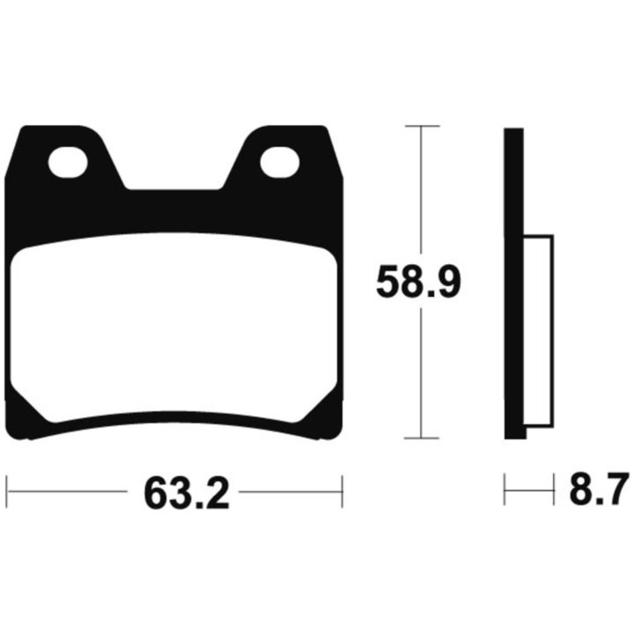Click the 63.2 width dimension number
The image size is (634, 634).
pos(187,493)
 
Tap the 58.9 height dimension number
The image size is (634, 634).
pos(418,282)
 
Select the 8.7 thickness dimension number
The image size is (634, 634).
pos(600,490)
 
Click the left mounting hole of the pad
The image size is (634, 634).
pos(68,163)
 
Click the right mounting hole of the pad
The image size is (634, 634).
pos(280,163)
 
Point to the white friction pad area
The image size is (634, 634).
pos(173,328)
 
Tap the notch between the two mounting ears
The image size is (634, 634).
pos(173,178)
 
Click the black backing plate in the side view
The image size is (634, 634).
pos(514,283)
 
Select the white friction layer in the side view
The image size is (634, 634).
pos(539,331)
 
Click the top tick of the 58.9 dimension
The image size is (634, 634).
pos(422,126)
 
